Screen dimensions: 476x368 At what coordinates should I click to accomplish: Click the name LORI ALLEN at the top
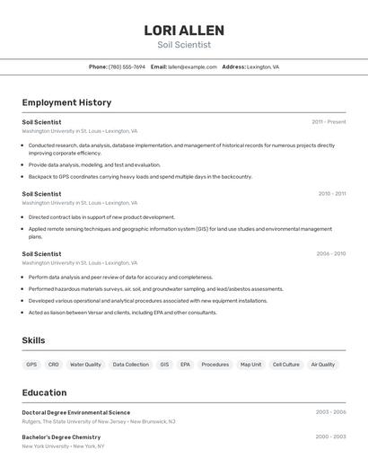click(x=184, y=31)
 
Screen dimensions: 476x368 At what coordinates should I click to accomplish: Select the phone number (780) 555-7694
click(x=127, y=66)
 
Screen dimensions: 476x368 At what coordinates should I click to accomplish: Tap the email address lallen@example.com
click(x=192, y=66)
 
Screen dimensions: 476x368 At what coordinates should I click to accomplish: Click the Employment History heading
click(x=66, y=102)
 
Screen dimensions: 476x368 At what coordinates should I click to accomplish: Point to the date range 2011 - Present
click(x=329, y=122)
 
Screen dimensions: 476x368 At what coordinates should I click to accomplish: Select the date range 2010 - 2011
click(x=331, y=194)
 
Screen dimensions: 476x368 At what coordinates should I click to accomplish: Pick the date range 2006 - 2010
click(x=330, y=254)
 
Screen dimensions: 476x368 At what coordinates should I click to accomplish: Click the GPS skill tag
click(x=31, y=365)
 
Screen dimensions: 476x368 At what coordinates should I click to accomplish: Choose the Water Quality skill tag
click(x=85, y=365)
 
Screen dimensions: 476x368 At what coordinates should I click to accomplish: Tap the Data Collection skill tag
click(x=131, y=365)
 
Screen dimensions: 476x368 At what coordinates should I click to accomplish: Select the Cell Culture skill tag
click(x=285, y=365)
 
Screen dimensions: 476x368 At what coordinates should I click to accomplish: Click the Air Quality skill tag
click(x=323, y=365)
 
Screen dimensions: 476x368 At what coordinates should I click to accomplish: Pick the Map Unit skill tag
click(x=250, y=365)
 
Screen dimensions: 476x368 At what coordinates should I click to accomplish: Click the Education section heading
click(x=44, y=392)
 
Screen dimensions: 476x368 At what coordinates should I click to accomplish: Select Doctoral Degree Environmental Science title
click(x=76, y=412)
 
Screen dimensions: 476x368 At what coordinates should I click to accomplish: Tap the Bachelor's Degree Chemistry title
click(x=61, y=437)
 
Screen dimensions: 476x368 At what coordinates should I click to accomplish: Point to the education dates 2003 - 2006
click(x=330, y=412)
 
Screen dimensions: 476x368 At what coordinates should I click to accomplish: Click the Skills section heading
click(x=33, y=340)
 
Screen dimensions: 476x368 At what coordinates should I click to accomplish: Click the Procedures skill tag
click(x=215, y=365)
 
